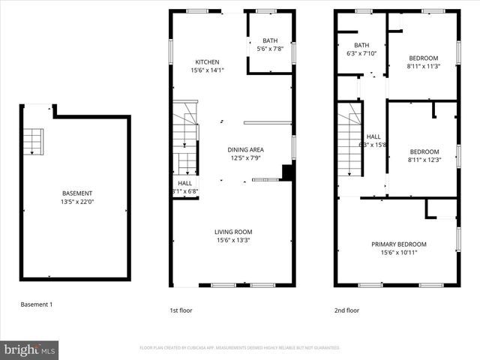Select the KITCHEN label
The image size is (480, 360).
click(x=207, y=62)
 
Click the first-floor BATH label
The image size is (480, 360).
click(x=269, y=40)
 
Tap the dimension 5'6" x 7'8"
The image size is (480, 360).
click(x=269, y=49)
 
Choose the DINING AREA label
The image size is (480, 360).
click(x=246, y=150)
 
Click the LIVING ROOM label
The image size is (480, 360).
click(x=233, y=232)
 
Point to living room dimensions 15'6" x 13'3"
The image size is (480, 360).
click(x=233, y=241)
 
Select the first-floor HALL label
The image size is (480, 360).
click(x=184, y=183)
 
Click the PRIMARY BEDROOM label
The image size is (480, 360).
click(x=399, y=244)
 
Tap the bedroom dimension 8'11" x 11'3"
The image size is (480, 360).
click(x=424, y=66)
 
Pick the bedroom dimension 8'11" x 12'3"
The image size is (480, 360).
click(x=424, y=160)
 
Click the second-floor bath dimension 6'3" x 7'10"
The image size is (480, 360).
click(x=361, y=53)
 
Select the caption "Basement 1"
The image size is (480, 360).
click(x=36, y=304)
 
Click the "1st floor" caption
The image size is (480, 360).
click(x=181, y=310)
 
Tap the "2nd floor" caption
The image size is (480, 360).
click(x=346, y=310)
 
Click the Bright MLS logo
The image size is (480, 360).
click(x=30, y=349)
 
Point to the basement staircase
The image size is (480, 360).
click(x=33, y=140)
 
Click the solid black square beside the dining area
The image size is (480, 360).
click(x=286, y=172)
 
